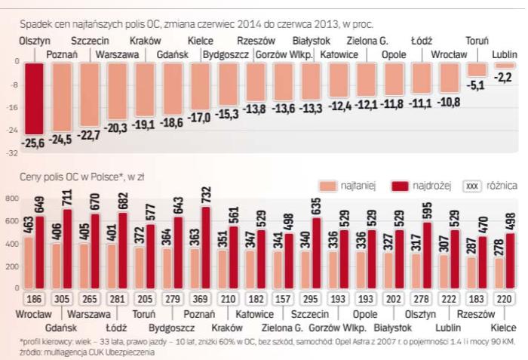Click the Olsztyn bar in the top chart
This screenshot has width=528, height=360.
click(x=33, y=97)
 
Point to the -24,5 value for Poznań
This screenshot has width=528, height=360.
click(x=61, y=139)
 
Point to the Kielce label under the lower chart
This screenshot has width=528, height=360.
click(x=503, y=328)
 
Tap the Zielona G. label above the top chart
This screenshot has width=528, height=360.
click(x=367, y=40)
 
